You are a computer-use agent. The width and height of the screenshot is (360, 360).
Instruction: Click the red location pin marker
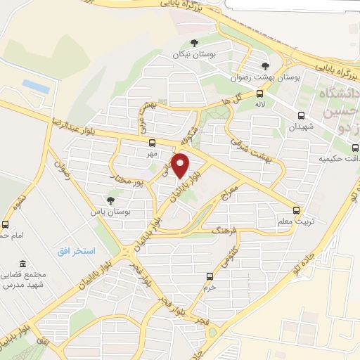pos(181,165)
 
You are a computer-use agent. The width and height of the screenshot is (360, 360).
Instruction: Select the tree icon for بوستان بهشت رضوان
pos(264,67)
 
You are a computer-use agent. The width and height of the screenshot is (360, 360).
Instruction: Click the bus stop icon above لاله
pos(259,94)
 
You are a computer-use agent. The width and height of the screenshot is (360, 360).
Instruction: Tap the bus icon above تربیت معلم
pos(295,210)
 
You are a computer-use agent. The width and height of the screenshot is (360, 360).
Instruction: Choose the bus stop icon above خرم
pos(208,276)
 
